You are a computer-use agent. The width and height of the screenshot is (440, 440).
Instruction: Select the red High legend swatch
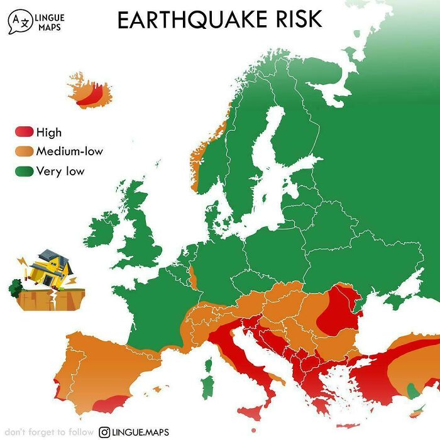[23, 132]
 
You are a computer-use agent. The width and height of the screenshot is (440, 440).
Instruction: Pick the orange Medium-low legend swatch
[23, 151]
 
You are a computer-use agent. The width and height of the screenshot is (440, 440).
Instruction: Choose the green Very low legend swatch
[23, 171]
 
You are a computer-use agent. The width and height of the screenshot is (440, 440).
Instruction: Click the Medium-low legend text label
[69, 151]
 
